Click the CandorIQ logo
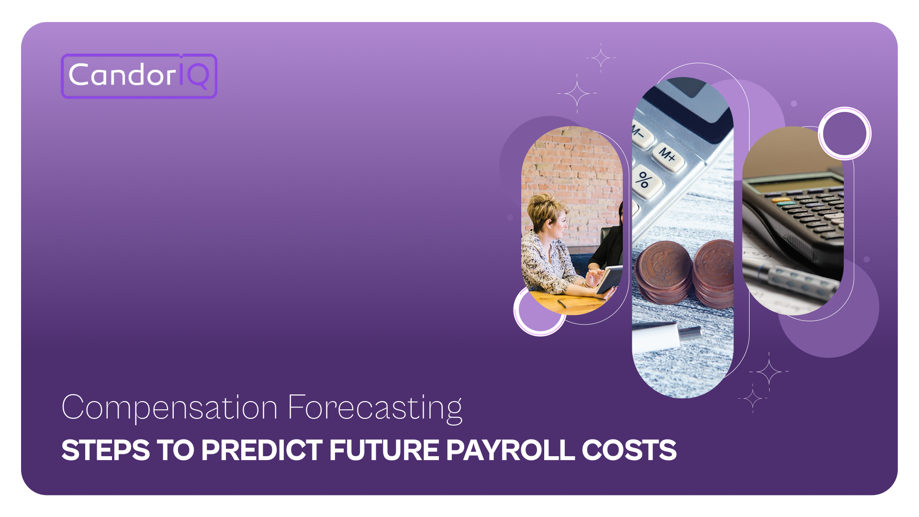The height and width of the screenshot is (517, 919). click(x=139, y=76)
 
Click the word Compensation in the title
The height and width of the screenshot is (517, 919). click(x=169, y=408)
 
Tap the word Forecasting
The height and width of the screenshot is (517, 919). click(x=375, y=408)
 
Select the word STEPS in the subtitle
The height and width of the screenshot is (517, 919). click(x=106, y=450)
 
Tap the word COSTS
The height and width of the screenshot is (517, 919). click(x=629, y=450)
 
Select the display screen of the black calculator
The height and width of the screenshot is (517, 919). click(x=796, y=184)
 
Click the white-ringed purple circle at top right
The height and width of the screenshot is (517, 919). click(x=845, y=134)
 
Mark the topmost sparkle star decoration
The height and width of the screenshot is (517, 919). click(x=601, y=58)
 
